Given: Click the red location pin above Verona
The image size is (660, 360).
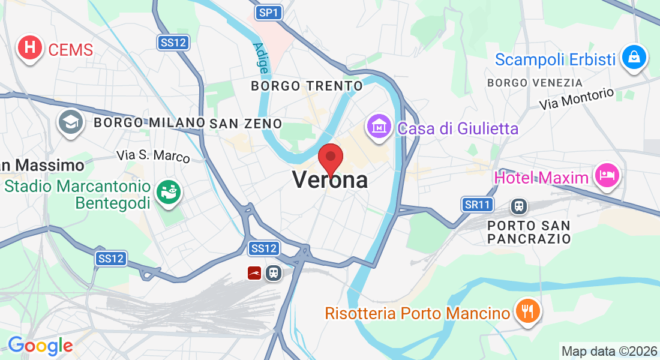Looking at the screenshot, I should coord(330,158).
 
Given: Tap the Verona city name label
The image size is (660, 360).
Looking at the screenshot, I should coord(330,179).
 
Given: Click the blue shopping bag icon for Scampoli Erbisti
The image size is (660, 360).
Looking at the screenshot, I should coord(633,58).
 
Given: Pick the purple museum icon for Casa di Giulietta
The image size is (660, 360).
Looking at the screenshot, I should coord(379,127).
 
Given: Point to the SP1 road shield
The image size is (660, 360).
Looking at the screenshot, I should coord(269,12).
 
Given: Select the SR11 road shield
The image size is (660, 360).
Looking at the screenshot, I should coord(478,205).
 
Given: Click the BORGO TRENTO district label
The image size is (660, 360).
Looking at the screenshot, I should coord(307,86).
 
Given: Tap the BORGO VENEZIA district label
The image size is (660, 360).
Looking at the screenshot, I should coord(535,82).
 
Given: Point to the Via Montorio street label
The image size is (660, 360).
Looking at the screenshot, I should coord(576,99).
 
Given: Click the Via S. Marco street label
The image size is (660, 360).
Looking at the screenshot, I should coord(153,155).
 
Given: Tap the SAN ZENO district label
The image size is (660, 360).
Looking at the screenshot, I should coord(245,123).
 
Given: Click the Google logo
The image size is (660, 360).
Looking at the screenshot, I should coord(40,346).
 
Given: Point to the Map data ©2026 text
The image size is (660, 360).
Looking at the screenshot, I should coord(608,351).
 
